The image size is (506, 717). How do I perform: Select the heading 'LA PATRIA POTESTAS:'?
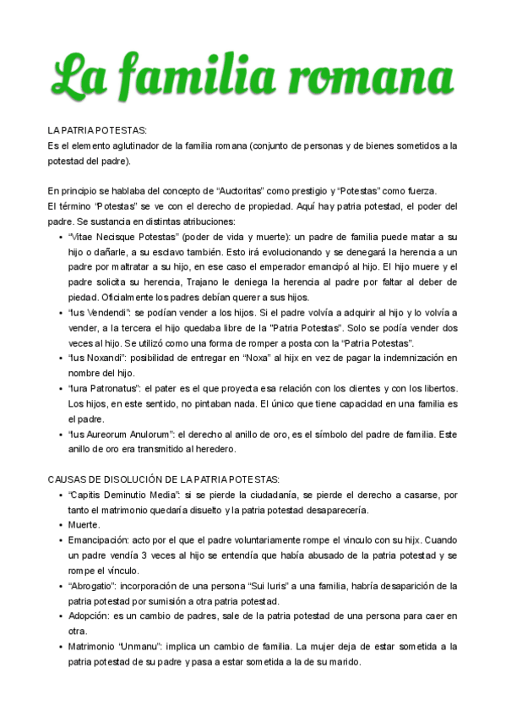97,130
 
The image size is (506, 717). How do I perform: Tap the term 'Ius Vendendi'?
100,313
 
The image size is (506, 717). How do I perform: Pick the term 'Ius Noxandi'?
99,358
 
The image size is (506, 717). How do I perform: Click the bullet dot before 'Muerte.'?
56,525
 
